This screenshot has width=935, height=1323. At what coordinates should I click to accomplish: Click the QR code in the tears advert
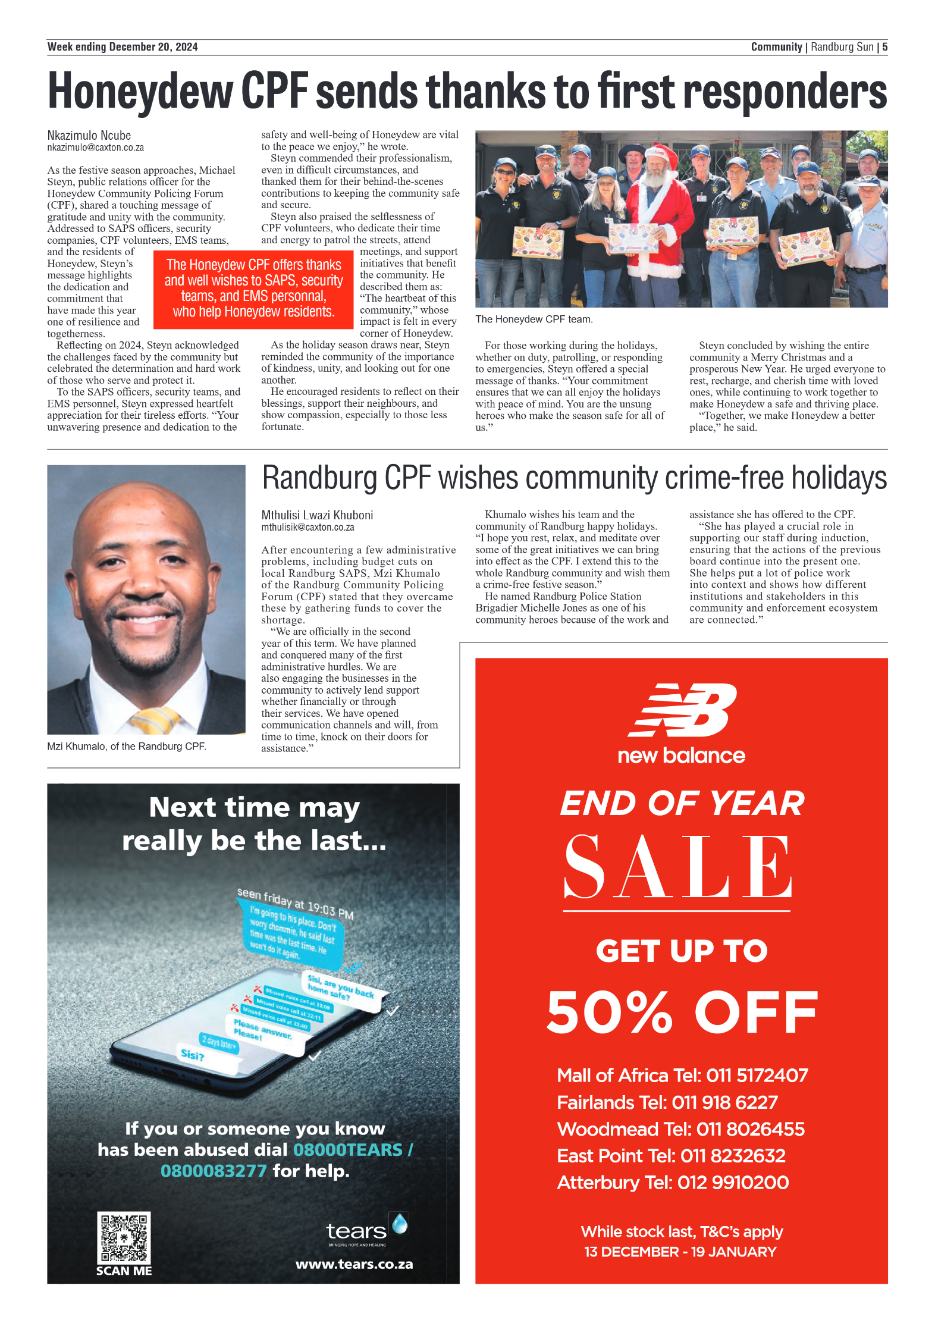click(124, 1238)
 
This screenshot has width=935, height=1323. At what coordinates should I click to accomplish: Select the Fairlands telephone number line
click(667, 1102)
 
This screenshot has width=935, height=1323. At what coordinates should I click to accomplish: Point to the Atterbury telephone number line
click(673, 1182)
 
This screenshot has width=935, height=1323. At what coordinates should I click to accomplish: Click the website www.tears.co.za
click(354, 1264)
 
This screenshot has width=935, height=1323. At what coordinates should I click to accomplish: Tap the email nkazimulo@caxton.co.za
click(96, 148)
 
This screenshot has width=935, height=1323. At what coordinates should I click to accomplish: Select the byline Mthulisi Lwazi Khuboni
click(317, 515)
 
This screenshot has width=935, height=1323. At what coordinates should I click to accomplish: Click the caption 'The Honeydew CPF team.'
click(534, 319)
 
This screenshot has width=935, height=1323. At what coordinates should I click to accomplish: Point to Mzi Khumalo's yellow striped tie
click(155, 720)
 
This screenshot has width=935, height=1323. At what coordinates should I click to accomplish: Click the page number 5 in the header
click(884, 47)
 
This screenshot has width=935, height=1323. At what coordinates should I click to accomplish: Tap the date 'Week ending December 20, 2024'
click(123, 47)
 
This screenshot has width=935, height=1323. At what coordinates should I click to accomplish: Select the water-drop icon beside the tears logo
click(400, 1223)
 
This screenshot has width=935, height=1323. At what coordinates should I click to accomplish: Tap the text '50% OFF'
click(682, 1014)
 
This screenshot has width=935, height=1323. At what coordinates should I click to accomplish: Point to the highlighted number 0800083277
click(214, 1171)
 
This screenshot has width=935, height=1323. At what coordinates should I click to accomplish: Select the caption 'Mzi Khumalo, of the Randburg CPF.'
click(127, 747)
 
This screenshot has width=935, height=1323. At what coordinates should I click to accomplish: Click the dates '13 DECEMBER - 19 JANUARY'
click(680, 1252)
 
